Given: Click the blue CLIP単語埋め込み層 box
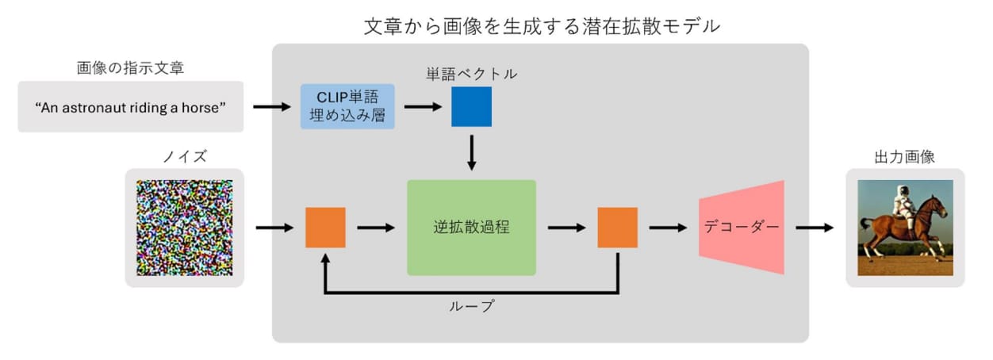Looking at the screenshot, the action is pos(347,106).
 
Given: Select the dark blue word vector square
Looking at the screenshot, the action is pos(472,106).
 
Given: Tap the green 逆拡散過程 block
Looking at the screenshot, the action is pos(472,228).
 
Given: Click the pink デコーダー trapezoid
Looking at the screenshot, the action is pos(742,228).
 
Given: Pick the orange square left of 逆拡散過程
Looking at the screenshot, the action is pos(325,228).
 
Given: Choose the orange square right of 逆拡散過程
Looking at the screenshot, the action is pos(618,228).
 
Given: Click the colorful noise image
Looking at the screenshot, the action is pos(185,228).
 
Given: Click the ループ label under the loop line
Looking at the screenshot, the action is pos(472,306).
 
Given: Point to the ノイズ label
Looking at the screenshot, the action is pos(185,156).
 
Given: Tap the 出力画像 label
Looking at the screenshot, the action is pos(905,157).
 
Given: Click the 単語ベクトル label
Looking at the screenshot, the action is pos(472,74).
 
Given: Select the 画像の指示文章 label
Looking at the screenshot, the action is pos(130,68).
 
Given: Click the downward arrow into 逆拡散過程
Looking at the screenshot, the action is pos(472,153).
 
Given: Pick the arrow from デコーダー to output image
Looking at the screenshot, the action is pos(815,228).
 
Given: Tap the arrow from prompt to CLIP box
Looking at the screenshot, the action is pos(272,106).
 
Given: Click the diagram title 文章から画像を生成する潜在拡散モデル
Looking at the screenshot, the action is pos(542,27).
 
